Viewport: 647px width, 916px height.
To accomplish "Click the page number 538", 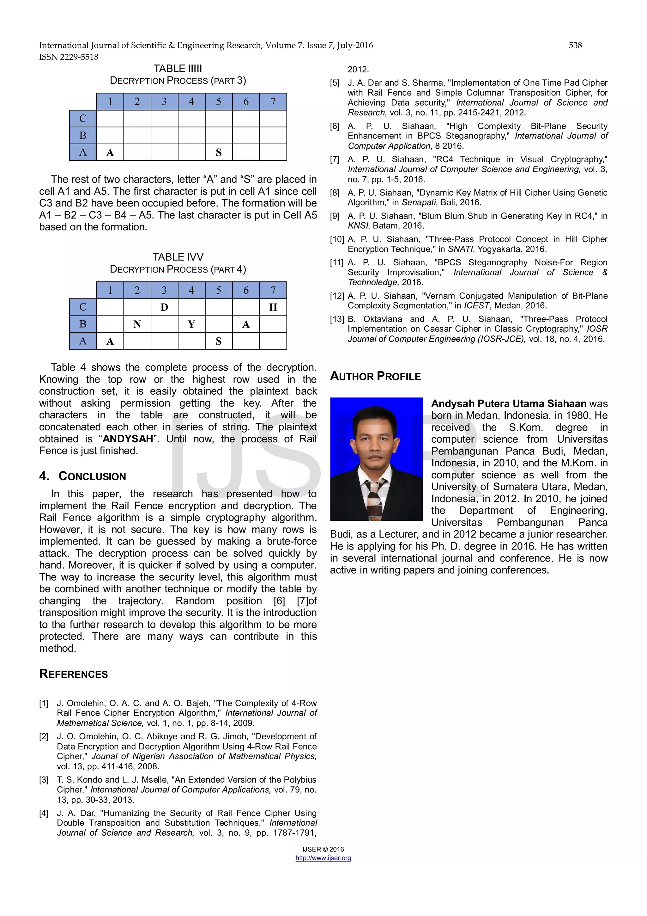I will (575, 46).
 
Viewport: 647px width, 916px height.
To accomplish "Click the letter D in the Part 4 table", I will (164, 307).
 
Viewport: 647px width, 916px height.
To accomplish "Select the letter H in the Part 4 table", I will (273, 307).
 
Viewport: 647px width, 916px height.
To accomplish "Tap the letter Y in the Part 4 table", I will (191, 324).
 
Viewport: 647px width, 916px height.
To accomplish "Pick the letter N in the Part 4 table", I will (137, 324).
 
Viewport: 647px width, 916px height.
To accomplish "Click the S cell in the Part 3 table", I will (218, 152).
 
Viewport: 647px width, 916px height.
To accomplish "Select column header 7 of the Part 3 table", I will (273, 102).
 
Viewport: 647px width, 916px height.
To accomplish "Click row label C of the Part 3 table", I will (83, 119).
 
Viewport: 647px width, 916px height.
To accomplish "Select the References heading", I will (73, 674).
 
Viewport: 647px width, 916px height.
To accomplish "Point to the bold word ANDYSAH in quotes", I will (128, 439).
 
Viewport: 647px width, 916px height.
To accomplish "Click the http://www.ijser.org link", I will (323, 858).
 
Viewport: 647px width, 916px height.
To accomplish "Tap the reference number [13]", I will (337, 319).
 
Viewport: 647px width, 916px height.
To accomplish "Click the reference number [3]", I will (44, 780).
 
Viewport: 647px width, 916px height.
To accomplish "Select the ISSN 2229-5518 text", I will (69, 57).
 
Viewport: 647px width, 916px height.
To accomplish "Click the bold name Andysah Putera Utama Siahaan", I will (508, 404).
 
